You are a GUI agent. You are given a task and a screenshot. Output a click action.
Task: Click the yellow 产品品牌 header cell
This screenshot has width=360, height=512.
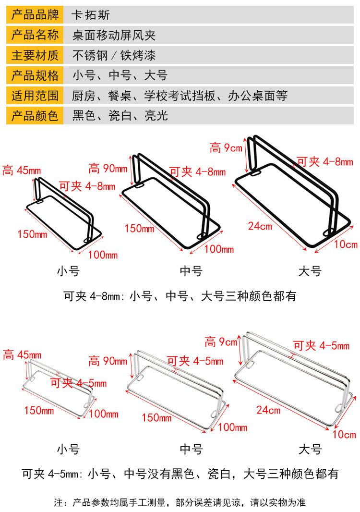click(35, 15)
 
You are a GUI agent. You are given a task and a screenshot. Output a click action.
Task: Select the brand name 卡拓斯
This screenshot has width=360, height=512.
click(90, 15)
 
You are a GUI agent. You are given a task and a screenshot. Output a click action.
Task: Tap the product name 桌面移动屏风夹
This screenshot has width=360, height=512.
click(114, 35)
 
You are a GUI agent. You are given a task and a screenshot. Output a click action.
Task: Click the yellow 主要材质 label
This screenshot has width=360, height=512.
click(35, 55)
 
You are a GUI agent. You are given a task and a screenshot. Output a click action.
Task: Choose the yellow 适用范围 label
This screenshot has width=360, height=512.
click(35, 96)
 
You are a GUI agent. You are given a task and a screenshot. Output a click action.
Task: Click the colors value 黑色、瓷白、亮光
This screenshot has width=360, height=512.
click(120, 116)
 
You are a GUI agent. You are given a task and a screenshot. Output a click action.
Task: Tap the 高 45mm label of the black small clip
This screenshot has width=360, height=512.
click(22, 170)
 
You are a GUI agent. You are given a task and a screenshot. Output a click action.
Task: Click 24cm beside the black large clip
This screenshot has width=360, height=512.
click(260, 226)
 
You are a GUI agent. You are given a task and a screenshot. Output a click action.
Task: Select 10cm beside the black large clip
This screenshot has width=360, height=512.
click(346, 244)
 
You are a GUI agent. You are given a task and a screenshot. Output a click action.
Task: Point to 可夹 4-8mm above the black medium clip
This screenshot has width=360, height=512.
click(197, 171)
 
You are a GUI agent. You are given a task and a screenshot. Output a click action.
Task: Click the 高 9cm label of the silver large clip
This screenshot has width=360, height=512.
click(221, 342)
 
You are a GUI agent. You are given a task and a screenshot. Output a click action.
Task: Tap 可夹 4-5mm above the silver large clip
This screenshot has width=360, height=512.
click(321, 345)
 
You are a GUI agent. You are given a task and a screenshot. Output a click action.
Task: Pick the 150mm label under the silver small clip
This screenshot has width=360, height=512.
click(39, 410)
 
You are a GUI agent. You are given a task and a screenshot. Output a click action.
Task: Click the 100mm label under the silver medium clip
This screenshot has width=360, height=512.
click(233, 427)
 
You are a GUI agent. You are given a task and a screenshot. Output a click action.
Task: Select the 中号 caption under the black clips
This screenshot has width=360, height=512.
click(191, 271)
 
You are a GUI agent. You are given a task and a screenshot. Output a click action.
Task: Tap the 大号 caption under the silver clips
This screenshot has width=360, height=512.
click(310, 449)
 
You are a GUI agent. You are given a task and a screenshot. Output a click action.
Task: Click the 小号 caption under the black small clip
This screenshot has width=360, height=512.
click(68, 271)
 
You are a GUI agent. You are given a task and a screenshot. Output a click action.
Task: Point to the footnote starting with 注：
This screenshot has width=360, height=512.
click(180, 502)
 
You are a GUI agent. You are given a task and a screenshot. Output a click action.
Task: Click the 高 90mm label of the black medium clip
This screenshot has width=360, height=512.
click(108, 169)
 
